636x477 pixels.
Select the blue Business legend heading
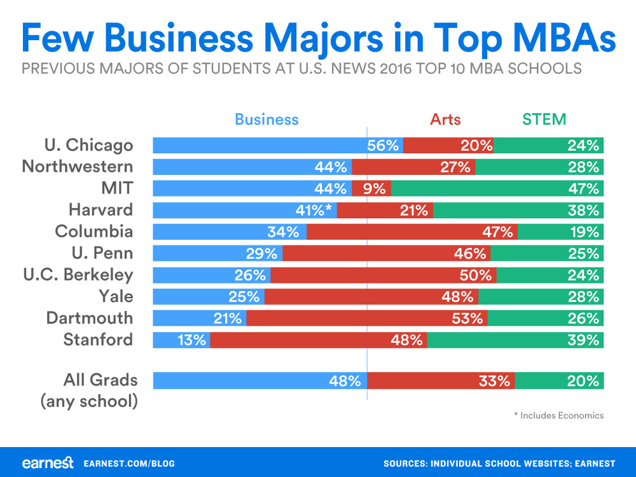click(266, 119)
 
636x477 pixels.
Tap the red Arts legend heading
click(445, 119)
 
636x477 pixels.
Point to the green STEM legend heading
click(544, 119)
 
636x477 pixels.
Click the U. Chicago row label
click(88, 145)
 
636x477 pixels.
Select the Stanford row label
click(98, 339)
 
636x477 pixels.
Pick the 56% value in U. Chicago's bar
click(382, 145)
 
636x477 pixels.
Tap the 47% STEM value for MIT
click(584, 188)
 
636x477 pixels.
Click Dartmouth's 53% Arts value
click(467, 318)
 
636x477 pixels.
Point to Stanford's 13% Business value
click(191, 340)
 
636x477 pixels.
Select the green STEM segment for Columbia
click(560, 232)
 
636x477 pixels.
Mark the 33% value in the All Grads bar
click(495, 381)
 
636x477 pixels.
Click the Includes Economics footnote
click(558, 415)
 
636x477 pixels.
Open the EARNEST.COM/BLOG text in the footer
click(129, 464)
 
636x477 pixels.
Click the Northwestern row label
click(78, 167)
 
